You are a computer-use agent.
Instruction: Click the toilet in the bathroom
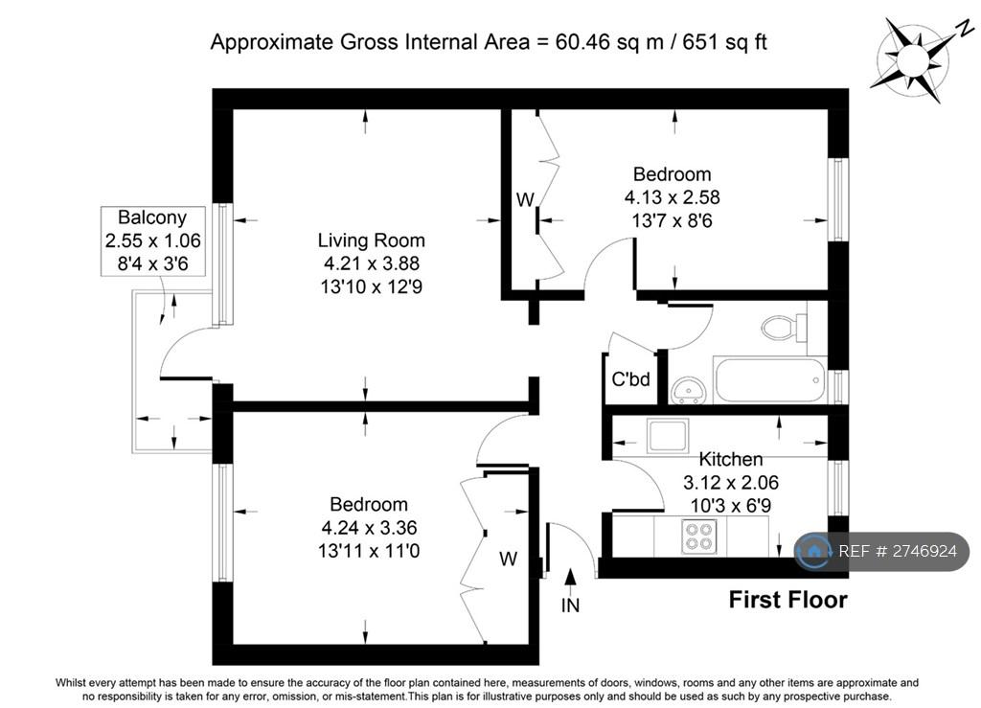coord(785,327)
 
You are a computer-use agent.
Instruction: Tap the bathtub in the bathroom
coord(769,379)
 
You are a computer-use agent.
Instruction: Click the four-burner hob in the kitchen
coord(698,536)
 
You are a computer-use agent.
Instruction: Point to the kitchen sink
coord(668,435)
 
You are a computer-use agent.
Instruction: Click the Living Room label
coord(371,240)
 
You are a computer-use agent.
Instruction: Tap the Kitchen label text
coord(730,459)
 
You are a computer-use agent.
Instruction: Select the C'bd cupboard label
coord(630,379)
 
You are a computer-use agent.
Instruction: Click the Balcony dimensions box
coord(152,240)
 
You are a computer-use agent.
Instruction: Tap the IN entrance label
coord(570,605)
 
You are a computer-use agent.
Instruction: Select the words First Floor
coord(787,600)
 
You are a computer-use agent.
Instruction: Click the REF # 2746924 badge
coord(881,551)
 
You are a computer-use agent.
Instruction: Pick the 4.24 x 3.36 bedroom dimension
coord(369,528)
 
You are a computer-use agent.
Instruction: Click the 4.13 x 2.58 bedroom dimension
coord(672,197)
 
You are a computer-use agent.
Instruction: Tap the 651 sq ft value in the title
coord(724,42)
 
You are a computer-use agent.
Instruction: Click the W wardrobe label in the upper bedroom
coord(525,199)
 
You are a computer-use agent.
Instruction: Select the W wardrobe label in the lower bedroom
coord(508,559)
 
